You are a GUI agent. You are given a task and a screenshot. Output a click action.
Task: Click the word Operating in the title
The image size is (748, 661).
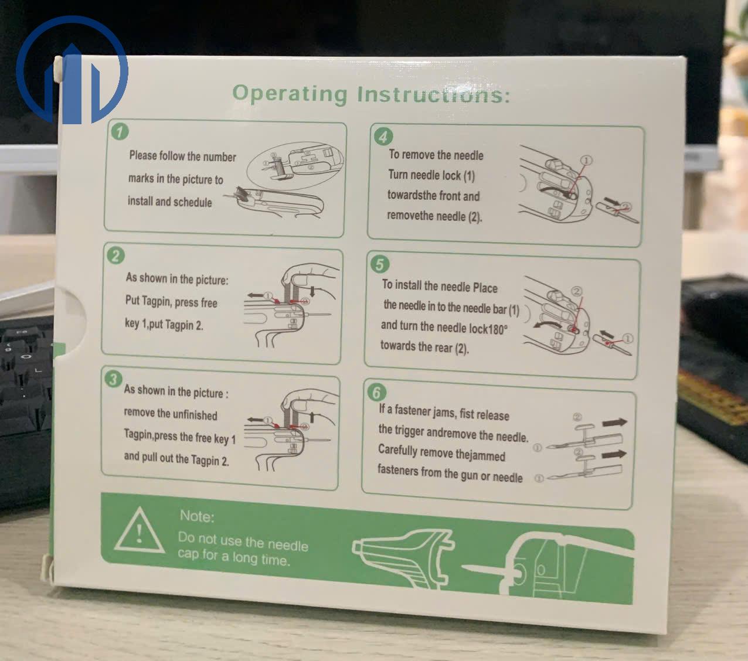[x=290, y=94]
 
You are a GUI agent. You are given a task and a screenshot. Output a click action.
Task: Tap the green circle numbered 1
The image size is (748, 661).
[x=120, y=132]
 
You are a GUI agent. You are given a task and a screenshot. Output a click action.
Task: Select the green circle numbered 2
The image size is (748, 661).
[x=115, y=255]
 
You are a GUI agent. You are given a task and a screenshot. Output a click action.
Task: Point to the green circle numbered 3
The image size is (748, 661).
[x=113, y=379]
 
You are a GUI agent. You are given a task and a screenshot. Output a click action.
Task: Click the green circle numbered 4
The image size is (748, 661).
[x=383, y=137]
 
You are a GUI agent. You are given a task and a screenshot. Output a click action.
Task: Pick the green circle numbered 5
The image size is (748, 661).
[x=379, y=264]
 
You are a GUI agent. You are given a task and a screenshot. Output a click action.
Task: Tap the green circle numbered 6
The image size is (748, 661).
[x=376, y=392]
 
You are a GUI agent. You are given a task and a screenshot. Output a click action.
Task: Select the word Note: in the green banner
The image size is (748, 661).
[x=197, y=516]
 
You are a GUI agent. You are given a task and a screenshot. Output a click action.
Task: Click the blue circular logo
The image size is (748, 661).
[x=72, y=70]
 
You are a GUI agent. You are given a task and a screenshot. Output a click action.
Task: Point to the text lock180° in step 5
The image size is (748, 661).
[x=488, y=328]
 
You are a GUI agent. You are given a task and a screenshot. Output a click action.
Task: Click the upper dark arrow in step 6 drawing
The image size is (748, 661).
[x=614, y=423]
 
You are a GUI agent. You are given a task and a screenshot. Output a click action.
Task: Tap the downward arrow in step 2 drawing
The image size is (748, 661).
[x=312, y=291]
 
